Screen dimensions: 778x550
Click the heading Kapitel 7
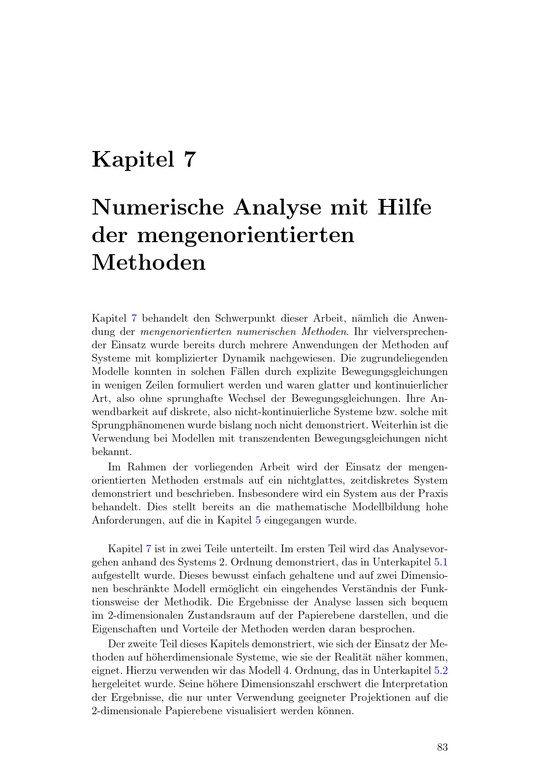pos(144,159)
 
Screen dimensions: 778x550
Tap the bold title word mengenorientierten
pos(246,235)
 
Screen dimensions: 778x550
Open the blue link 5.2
pos(441,670)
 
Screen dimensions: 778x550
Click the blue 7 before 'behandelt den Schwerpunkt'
pos(134,319)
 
